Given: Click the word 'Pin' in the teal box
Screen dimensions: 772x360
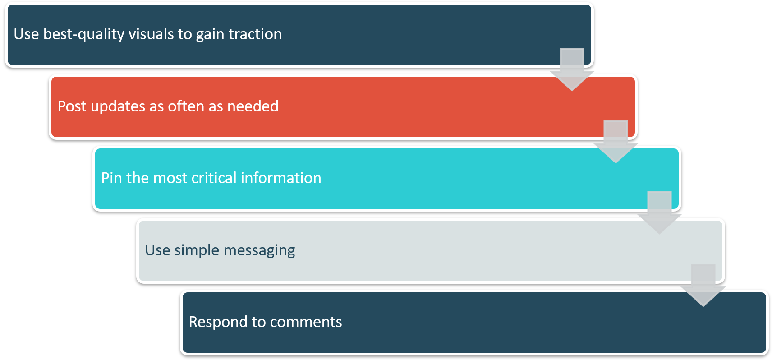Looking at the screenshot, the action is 112,178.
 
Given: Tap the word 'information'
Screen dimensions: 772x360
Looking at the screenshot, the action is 281,178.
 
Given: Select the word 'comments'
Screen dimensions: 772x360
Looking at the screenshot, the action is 306,322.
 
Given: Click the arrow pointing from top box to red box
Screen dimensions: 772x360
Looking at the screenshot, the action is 572,69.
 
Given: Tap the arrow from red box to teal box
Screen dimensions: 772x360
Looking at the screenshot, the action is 616,142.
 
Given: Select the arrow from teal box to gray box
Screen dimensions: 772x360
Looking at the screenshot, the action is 659,213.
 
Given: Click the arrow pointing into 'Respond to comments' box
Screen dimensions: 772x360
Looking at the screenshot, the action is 703,285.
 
